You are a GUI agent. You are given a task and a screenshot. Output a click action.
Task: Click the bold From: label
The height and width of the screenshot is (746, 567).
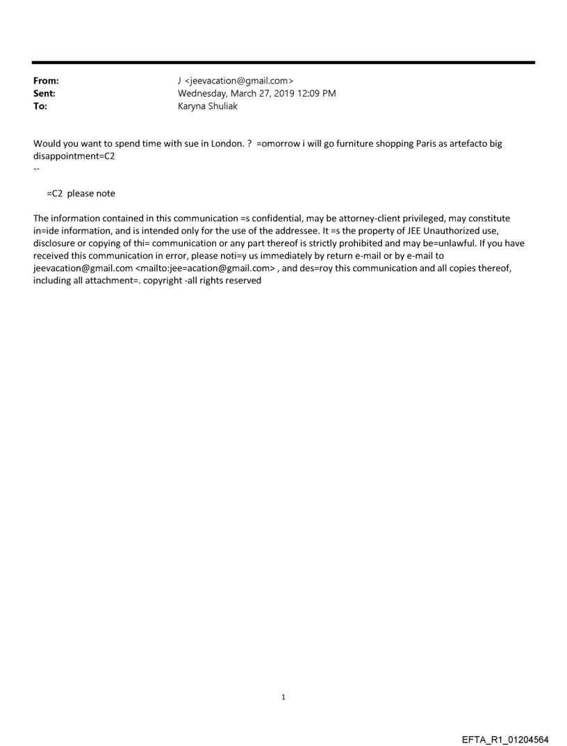[46, 81]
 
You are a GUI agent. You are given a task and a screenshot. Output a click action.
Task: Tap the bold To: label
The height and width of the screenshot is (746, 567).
[40, 106]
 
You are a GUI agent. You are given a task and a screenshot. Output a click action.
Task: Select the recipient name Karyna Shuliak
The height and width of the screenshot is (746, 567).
[208, 106]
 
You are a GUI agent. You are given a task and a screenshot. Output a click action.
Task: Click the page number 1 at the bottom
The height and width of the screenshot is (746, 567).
[283, 697]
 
